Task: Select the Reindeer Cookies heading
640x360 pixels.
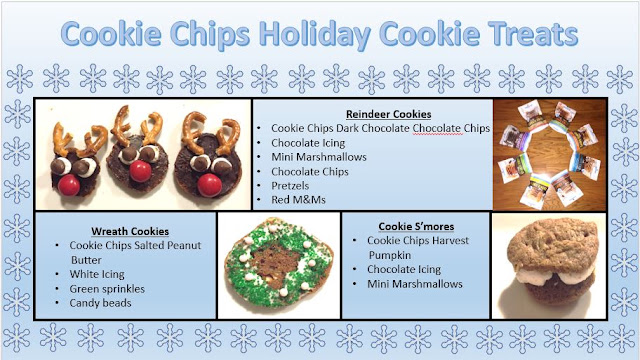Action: point(389,114)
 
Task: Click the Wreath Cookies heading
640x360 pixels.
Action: point(130,231)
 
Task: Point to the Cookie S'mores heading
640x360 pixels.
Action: point(416,227)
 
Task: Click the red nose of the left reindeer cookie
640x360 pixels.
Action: point(69,185)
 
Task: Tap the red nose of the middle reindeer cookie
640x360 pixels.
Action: point(140,171)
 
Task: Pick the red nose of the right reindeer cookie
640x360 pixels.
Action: point(209,185)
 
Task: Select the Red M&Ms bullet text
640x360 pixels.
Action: point(298,200)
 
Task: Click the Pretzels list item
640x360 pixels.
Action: point(290,186)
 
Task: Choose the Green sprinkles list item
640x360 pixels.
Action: point(107,289)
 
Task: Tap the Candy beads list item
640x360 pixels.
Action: point(100,303)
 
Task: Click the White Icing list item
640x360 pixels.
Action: point(97,274)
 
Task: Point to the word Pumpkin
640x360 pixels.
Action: point(390,256)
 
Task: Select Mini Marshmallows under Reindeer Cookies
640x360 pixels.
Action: point(319,157)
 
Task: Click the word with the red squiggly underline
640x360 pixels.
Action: point(436,129)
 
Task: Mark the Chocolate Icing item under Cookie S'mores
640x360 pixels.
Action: point(404,269)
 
